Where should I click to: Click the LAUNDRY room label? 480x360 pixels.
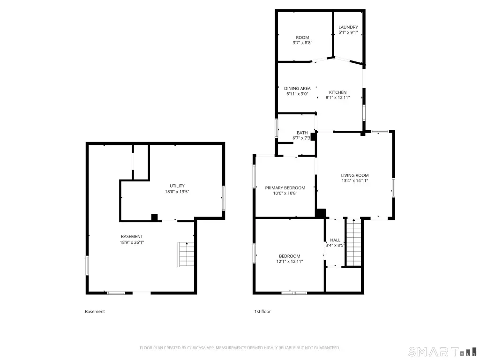coord(348,27)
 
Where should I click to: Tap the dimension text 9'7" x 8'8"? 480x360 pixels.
coord(302,43)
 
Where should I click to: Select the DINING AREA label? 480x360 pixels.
coord(297,89)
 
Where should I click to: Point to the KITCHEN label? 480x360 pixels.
coord(337,92)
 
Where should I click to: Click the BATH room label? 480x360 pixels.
coord(302,133)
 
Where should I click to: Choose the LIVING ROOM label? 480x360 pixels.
coord(355,175)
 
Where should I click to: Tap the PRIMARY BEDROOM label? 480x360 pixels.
coord(285,188)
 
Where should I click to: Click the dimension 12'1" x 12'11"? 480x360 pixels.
coord(290,262)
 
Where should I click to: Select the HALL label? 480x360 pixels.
coord(335,240)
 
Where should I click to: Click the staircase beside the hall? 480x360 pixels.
coord(353,243)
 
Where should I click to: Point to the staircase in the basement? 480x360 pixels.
coord(186,255)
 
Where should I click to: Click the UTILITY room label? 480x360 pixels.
coord(177,186)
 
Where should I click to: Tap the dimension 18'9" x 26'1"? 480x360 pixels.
coord(132,242)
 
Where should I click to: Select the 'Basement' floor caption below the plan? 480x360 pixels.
coord(95,311)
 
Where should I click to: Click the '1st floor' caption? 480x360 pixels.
coord(262,311)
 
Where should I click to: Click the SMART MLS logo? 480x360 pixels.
coord(442,352)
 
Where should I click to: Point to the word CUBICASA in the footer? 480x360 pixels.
coord(196,348)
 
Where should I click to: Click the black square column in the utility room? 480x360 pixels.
coord(155,217)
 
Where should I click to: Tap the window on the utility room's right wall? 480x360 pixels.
coord(224,198)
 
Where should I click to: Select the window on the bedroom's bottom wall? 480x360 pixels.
coord(294,293)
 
